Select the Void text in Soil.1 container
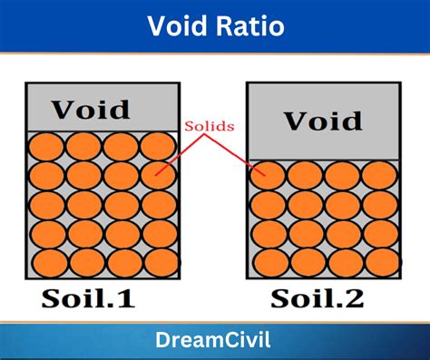(90, 110)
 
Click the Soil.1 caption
(88, 300)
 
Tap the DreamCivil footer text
(215, 342)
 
